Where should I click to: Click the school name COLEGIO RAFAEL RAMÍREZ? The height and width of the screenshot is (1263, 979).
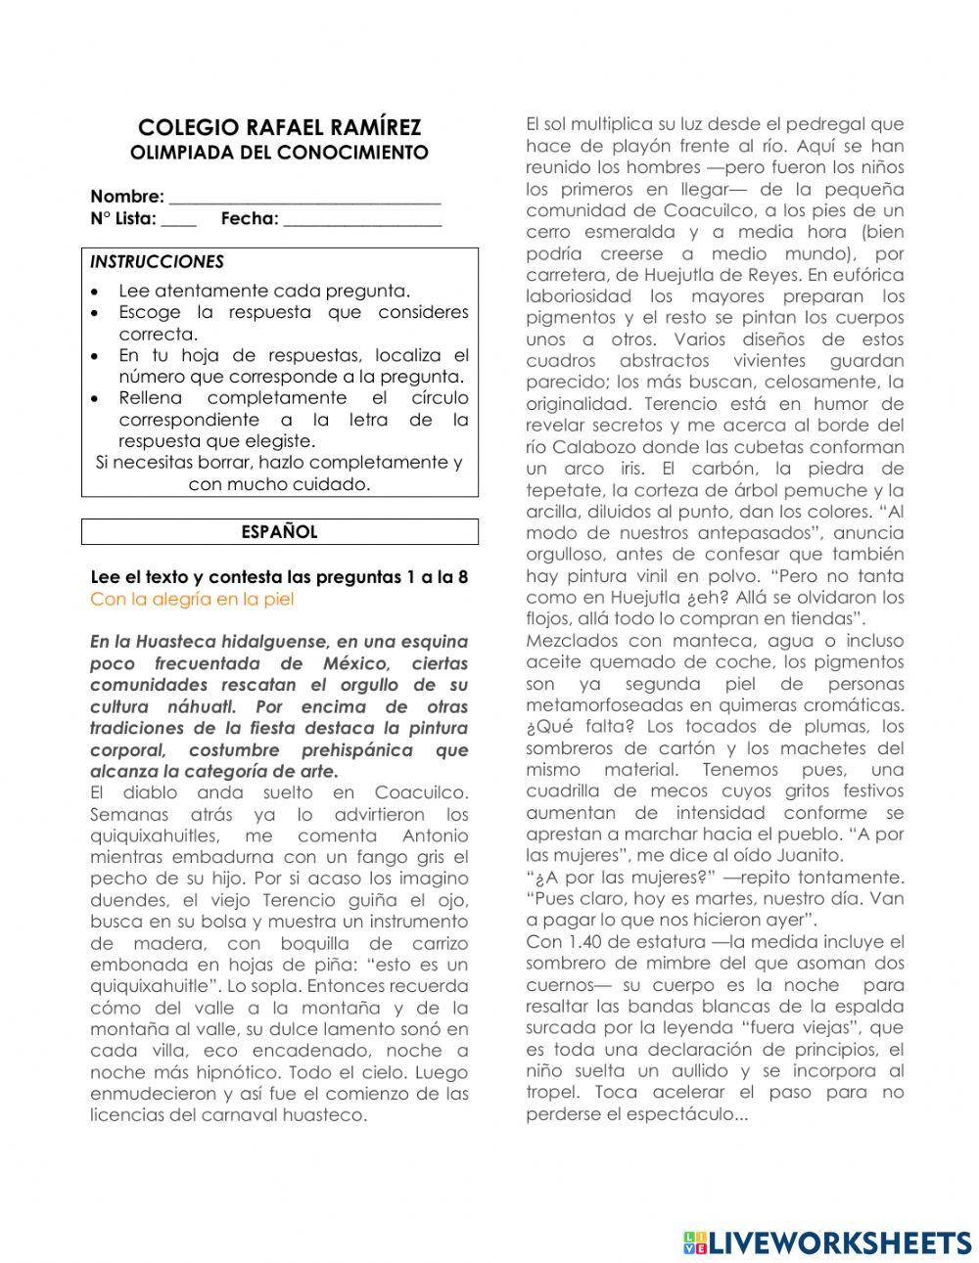point(279,128)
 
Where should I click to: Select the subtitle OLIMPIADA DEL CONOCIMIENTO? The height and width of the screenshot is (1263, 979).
point(279,154)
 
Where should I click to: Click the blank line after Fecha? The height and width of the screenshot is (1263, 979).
point(362,220)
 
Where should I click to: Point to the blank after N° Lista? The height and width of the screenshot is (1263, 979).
point(178,220)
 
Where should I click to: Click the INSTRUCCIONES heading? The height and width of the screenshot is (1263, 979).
point(157,262)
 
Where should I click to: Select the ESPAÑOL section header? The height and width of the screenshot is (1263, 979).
point(279,532)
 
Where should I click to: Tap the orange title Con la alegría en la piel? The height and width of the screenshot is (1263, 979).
point(192,600)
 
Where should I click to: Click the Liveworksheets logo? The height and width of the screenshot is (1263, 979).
point(827,1242)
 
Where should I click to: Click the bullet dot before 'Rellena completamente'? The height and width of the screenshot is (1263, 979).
point(94,399)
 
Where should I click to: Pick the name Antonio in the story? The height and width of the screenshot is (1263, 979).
point(436,836)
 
